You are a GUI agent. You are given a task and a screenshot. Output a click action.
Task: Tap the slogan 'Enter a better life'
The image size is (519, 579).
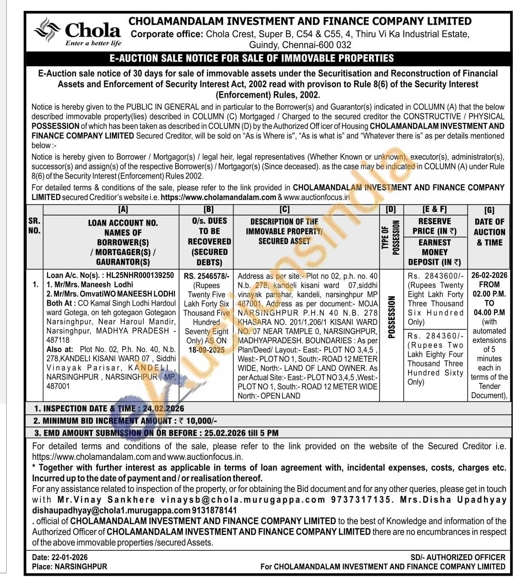click(x=93, y=43)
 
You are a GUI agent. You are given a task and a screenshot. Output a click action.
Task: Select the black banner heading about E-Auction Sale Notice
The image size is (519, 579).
click(x=252, y=59)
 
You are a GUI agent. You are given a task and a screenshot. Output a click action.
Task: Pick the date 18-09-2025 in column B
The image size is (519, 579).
click(x=206, y=349)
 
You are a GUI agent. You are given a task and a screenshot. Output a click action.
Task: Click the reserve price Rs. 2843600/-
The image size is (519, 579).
click(x=435, y=276)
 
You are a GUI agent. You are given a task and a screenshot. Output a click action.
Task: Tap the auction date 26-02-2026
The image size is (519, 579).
click(x=489, y=276)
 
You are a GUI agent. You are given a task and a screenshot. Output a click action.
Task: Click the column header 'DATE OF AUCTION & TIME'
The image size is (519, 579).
click(x=489, y=232)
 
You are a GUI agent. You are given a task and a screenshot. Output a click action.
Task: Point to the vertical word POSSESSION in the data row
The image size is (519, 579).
click(x=391, y=317)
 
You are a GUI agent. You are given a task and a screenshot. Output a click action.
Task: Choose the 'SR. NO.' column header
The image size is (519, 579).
click(x=34, y=226)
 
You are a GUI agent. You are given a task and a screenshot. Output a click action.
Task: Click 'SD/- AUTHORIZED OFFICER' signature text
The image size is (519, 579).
click(x=458, y=557)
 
